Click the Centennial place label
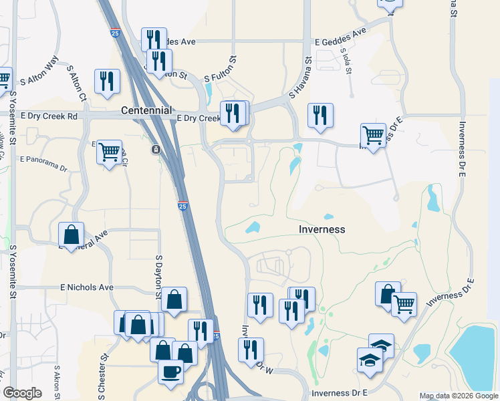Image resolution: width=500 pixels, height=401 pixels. coord(147,110)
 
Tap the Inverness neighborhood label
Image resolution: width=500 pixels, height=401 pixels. coord(322,229)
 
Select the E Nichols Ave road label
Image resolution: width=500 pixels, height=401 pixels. coord(87,287)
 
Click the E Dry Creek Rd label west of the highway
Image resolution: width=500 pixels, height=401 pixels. coord(49,116)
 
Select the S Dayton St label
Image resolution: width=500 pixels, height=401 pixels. coord(159,275)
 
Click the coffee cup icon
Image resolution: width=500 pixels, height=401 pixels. coord(170,370)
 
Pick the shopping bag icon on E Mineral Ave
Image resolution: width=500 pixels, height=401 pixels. coord(71,235)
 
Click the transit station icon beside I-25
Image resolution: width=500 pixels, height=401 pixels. coord(155,149)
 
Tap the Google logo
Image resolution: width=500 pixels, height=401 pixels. coord(22,393)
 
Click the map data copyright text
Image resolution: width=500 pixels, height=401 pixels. coord(458,396)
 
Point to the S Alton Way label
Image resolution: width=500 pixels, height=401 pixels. coord(39,75)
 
